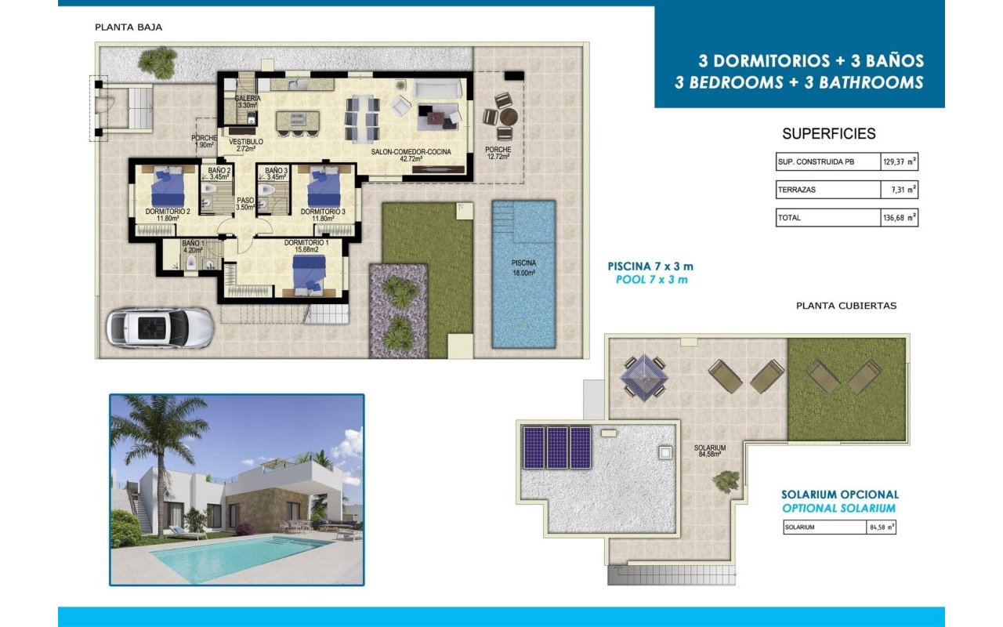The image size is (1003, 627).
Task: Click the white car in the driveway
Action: coord(160,326)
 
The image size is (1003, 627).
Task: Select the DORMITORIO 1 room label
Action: coord(306,245)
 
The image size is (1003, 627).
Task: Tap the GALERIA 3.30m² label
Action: coord(248,101)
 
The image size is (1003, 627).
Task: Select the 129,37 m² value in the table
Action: coord(899,161)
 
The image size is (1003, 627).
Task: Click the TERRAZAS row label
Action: coord(791,190)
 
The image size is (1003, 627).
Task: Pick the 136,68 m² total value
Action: coord(899,218)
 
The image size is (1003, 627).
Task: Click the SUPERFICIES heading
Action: coord(829,134)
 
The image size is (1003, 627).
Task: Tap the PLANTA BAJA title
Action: coord(129,27)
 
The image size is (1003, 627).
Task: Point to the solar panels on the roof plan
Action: coord(557,448)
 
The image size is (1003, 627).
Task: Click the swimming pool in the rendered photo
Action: coord(235,556)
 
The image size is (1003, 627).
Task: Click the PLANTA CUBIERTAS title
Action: coord(845,306)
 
